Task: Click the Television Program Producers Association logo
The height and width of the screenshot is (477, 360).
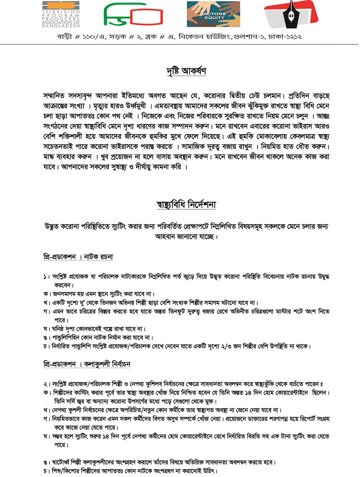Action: (x=61, y=14)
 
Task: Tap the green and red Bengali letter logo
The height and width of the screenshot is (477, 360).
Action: (x=133, y=15)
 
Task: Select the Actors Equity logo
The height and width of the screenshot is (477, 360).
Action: (x=213, y=14)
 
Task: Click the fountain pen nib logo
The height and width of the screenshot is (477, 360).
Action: (x=291, y=14)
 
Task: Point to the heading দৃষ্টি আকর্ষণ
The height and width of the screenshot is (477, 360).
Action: (x=186, y=71)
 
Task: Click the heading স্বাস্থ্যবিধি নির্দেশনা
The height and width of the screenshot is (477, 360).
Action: (x=186, y=205)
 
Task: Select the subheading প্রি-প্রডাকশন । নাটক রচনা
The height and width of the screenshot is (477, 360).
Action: (x=78, y=257)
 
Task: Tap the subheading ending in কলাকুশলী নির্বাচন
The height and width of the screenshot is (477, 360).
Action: (x=86, y=364)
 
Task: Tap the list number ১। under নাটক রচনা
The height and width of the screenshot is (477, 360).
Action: (x=46, y=277)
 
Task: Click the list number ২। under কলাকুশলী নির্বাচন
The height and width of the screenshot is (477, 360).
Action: (x=46, y=384)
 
